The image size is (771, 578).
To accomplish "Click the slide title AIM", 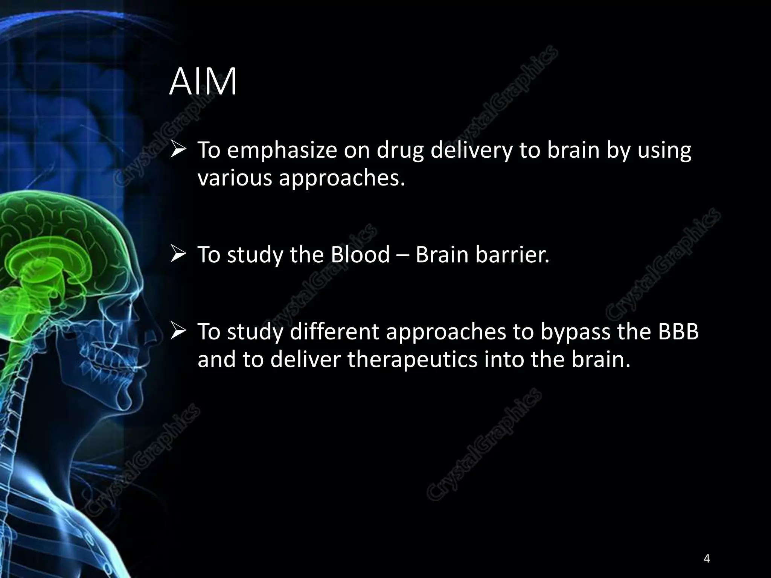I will click(x=203, y=82).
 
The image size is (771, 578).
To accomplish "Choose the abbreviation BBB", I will click(x=678, y=332).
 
